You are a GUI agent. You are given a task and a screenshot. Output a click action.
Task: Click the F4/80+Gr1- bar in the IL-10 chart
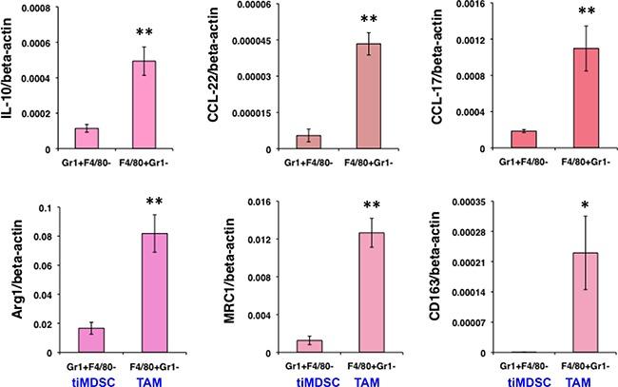[x=143, y=105]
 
